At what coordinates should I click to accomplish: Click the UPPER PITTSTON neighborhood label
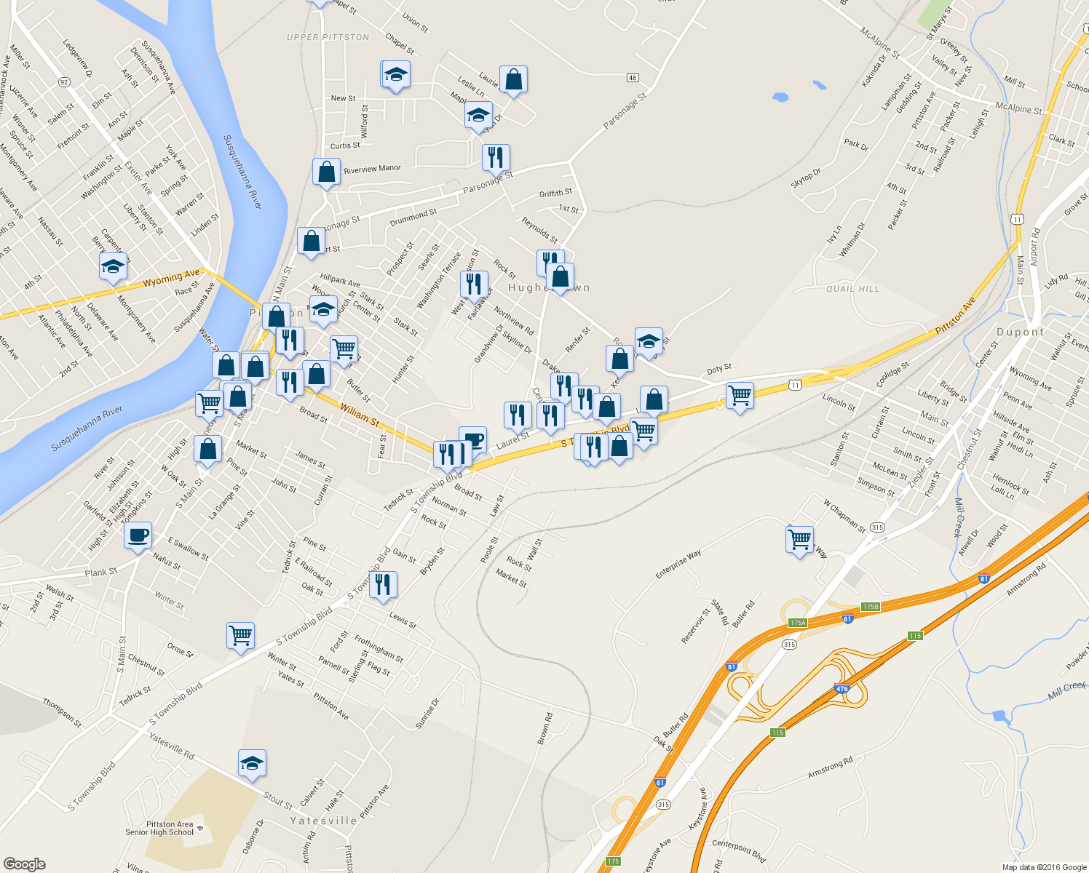pyautogui.click(x=328, y=37)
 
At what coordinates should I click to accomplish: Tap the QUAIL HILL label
pyautogui.click(x=852, y=289)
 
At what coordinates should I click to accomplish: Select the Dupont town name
pyautogui.click(x=1021, y=332)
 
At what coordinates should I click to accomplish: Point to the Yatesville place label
pyautogui.click(x=323, y=821)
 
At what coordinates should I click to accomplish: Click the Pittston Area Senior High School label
pyautogui.click(x=160, y=829)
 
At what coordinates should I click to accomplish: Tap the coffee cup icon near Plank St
pyautogui.click(x=138, y=536)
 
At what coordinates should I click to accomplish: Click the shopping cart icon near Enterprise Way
pyautogui.click(x=799, y=540)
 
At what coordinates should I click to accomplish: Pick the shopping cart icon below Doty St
pyautogui.click(x=740, y=396)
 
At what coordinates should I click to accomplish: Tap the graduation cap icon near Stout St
pyautogui.click(x=252, y=763)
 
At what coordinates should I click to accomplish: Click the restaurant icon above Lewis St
pyautogui.click(x=383, y=584)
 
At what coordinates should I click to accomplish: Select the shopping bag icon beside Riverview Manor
pyautogui.click(x=327, y=172)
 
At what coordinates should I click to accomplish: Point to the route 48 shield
pyautogui.click(x=632, y=78)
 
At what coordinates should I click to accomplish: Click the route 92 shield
pyautogui.click(x=64, y=82)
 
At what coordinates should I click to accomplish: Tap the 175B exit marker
pyautogui.click(x=870, y=607)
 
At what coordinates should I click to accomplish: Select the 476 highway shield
pyautogui.click(x=842, y=688)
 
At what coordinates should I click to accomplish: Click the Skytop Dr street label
pyautogui.click(x=806, y=178)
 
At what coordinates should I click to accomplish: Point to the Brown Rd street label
pyautogui.click(x=544, y=728)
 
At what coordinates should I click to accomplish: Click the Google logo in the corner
pyautogui.click(x=25, y=864)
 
